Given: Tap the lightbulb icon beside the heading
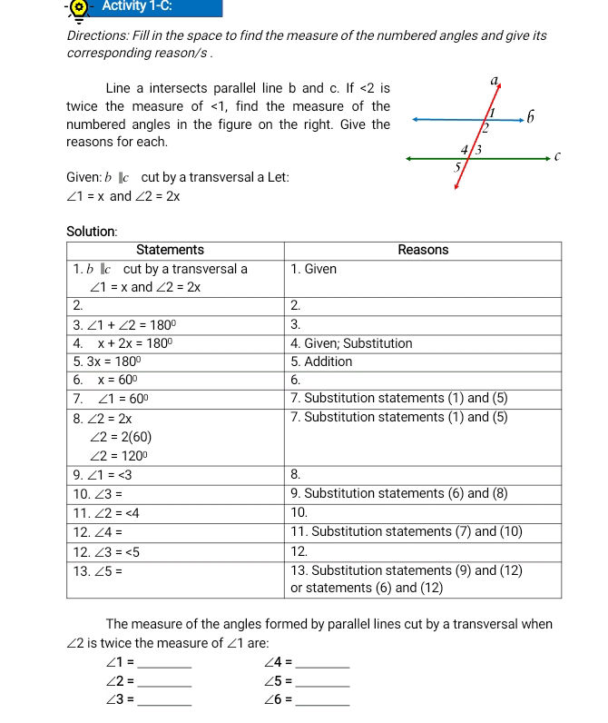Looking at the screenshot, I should point(80,8).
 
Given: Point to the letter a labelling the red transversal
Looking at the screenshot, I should point(495,81).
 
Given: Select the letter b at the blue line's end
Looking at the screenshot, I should point(531,118).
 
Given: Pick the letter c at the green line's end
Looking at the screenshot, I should point(559,157).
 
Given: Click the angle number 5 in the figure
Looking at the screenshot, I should point(458,167).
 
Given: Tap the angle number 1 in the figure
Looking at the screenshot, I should point(492,111).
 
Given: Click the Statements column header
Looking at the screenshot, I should point(170,250).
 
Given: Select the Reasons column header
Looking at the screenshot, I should point(423,250).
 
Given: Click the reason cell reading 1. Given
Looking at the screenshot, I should point(314,269).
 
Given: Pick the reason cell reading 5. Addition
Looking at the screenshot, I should point(321,361).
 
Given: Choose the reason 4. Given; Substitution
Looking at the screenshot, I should point(351,343).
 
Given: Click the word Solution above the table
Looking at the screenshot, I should point(92,232).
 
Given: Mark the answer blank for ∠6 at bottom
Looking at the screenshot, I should point(323,700).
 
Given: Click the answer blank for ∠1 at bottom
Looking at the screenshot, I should point(165,663).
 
